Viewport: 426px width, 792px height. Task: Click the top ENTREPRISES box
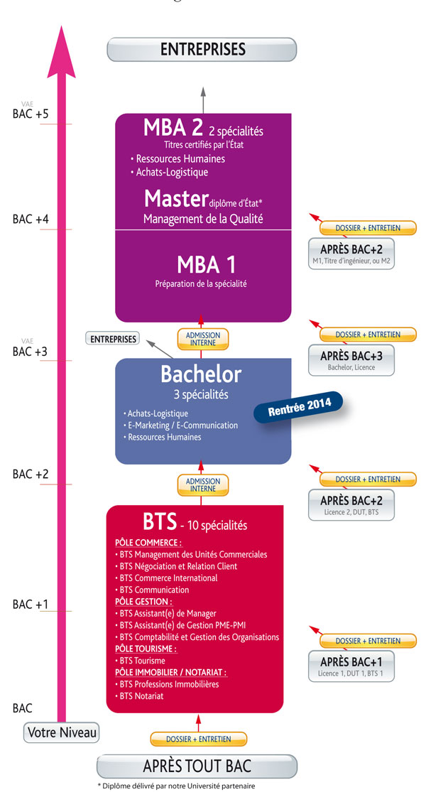click(x=202, y=49)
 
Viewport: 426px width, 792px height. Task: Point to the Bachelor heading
click(x=201, y=374)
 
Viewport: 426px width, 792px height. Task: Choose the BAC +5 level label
click(x=31, y=114)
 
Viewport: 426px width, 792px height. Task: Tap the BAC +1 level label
click(x=31, y=604)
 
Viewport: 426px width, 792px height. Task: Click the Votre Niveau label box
click(x=62, y=732)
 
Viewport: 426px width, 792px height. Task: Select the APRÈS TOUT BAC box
click(x=197, y=766)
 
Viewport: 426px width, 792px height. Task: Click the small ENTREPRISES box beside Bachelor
click(x=114, y=339)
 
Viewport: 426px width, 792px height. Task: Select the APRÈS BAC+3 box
click(x=351, y=358)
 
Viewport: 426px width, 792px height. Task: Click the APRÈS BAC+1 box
click(x=351, y=665)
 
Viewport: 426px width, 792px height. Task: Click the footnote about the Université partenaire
click(x=175, y=786)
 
